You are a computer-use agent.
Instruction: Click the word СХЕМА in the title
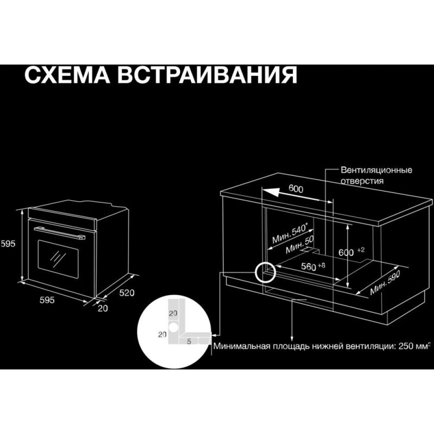click(x=67, y=75)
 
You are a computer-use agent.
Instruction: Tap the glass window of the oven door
click(x=58, y=260)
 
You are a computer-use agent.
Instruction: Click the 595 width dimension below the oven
click(x=47, y=300)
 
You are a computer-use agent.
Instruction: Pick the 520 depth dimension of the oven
click(x=127, y=293)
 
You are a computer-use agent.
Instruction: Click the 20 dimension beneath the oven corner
click(x=103, y=308)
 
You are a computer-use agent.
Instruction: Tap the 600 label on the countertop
click(x=296, y=189)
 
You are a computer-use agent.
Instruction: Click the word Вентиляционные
click(x=376, y=170)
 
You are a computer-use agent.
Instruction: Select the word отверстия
click(x=362, y=181)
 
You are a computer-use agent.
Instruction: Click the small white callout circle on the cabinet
click(x=265, y=272)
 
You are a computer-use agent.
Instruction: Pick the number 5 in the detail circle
click(x=189, y=341)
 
